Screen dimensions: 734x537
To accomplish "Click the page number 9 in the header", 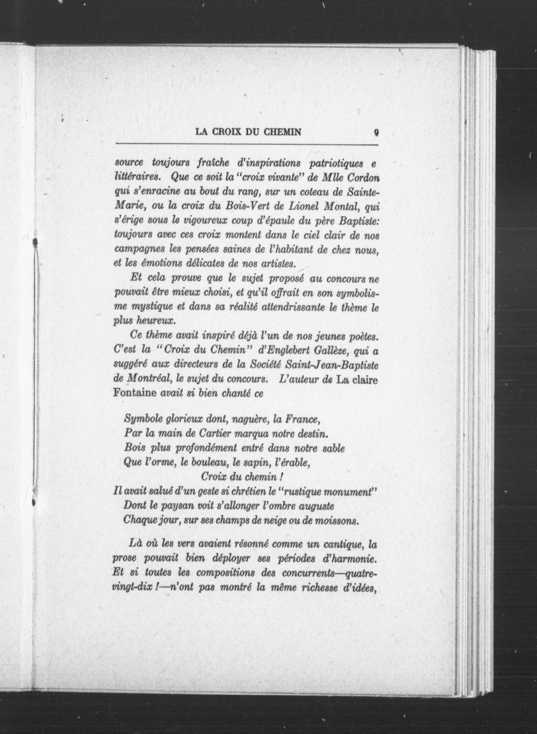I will click(x=376, y=132).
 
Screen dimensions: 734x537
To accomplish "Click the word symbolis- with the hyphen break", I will click(x=358, y=294).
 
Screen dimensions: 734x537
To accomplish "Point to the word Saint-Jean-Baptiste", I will click(x=331, y=366).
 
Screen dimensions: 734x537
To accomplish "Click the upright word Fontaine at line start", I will click(x=135, y=394).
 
